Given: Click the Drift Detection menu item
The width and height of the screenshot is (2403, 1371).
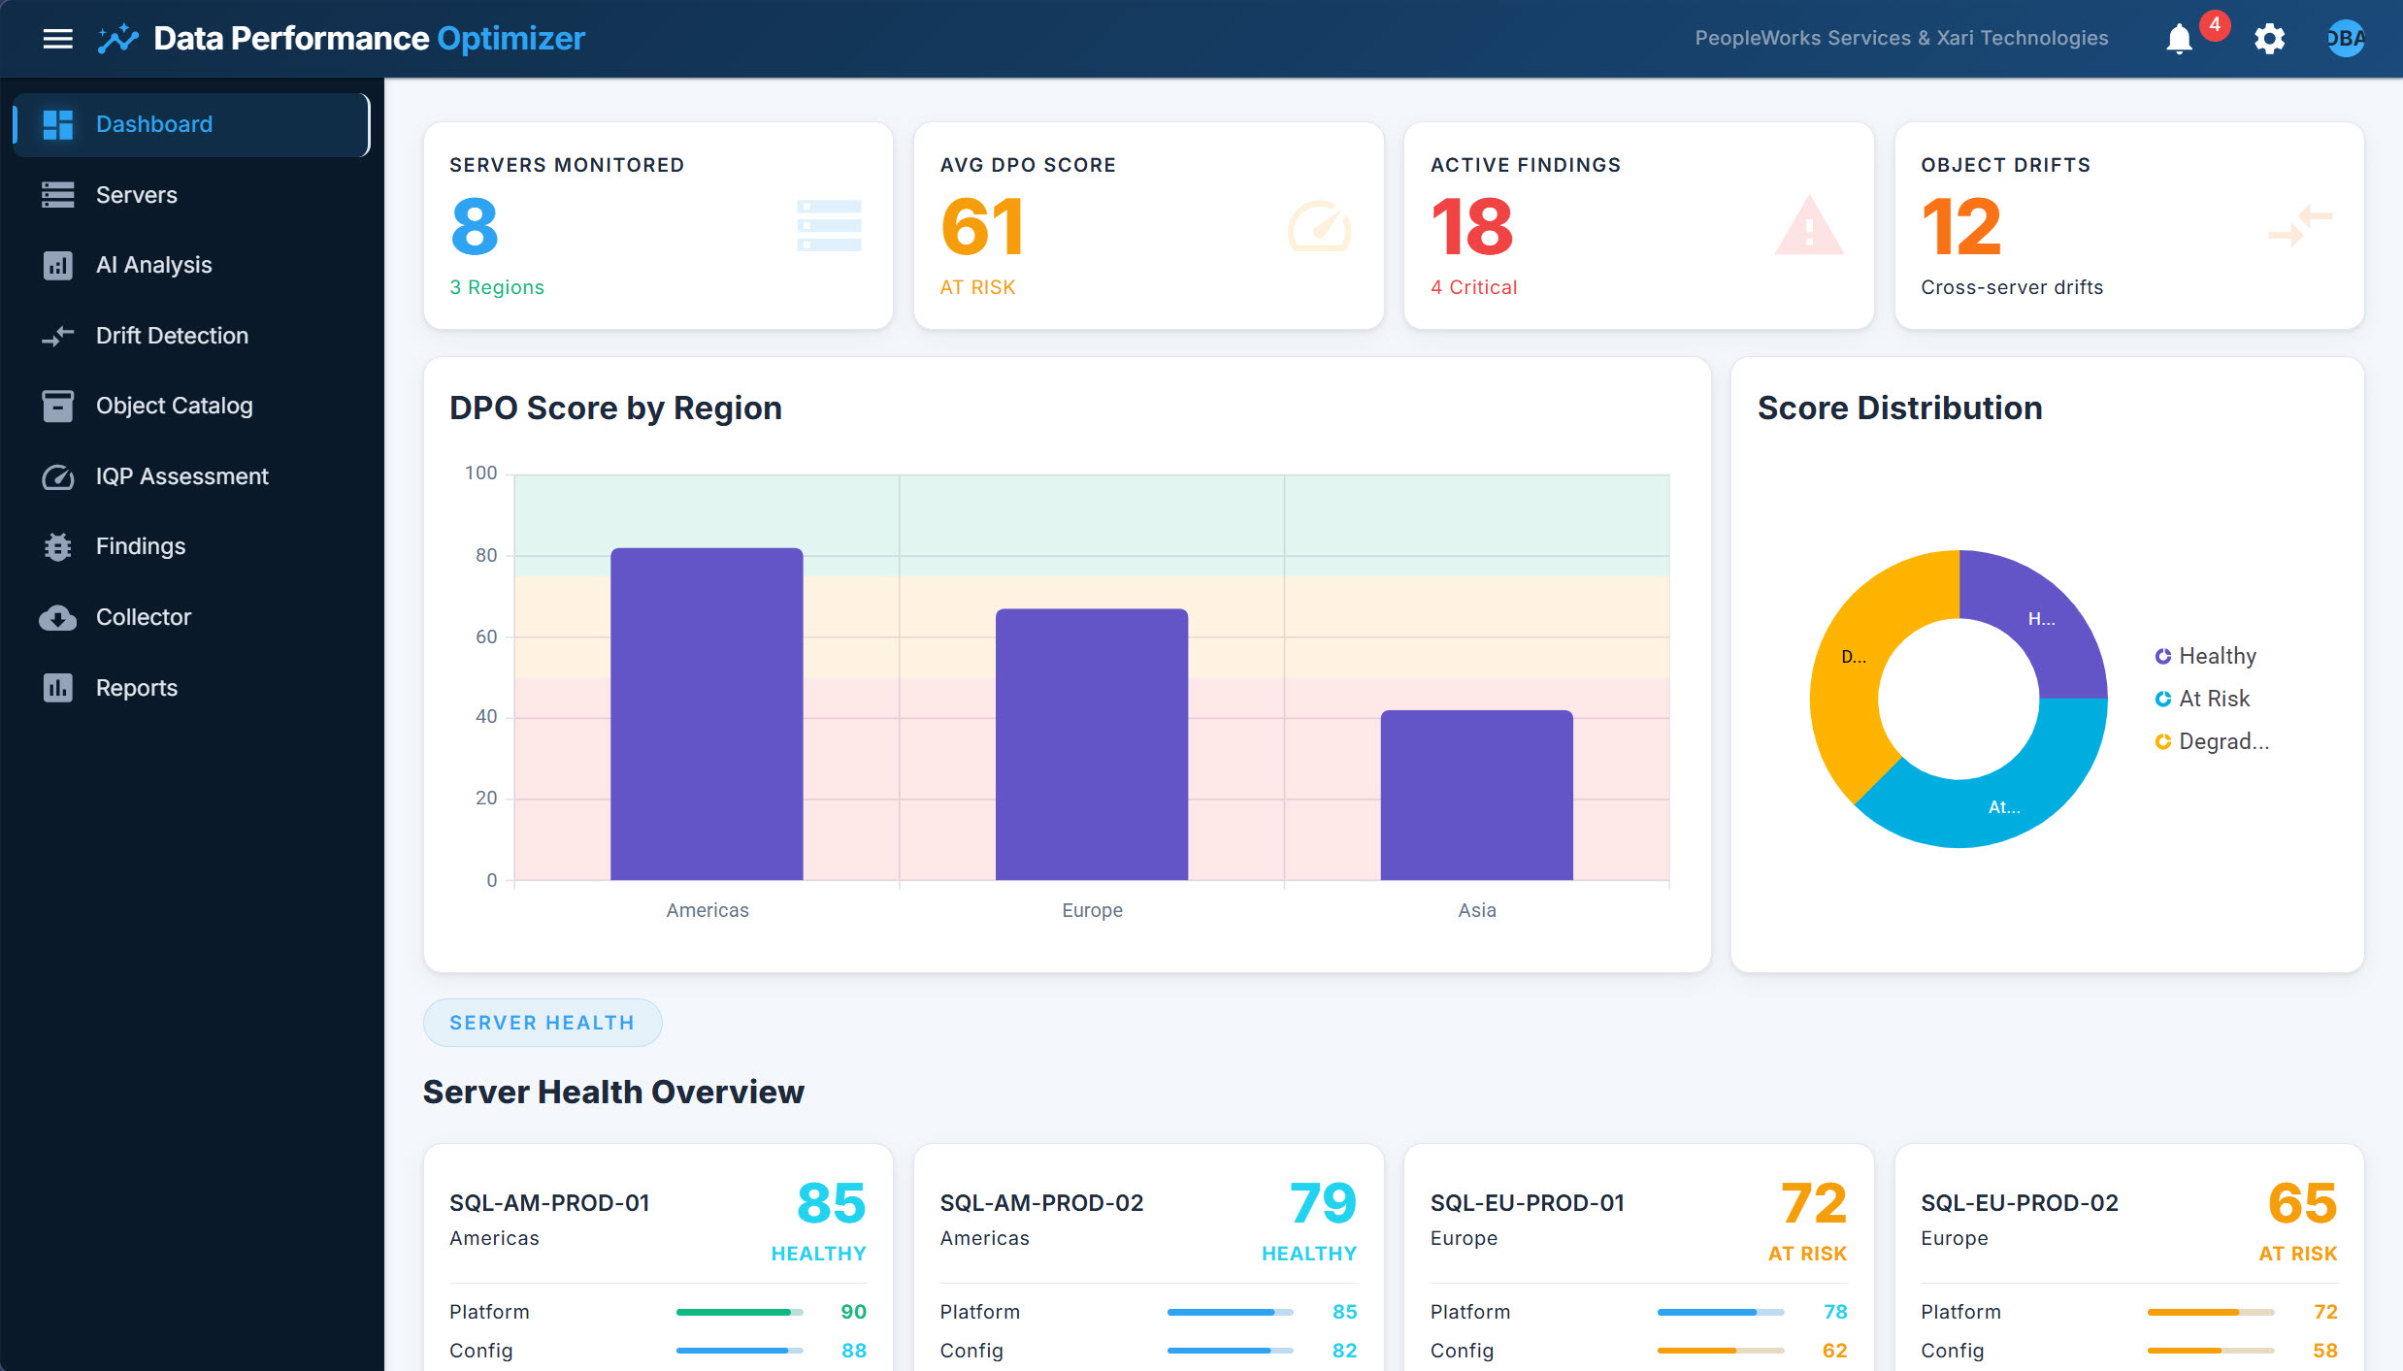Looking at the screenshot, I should click(172, 336).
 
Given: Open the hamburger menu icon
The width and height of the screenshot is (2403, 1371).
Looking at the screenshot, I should click(58, 39).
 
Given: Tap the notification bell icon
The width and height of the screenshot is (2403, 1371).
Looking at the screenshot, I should click(2179, 39).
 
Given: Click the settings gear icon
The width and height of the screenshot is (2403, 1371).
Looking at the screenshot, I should click(2269, 39).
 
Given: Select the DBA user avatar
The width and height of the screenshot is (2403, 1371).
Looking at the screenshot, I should click(2345, 39).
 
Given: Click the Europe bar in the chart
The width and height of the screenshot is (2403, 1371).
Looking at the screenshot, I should click(1092, 744).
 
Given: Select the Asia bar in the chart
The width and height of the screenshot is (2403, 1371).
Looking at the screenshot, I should click(1476, 795).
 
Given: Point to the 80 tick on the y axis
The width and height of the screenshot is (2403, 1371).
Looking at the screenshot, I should click(485, 555).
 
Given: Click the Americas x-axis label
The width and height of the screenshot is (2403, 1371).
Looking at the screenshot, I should click(707, 910).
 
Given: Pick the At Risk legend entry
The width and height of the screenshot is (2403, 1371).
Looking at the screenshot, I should click(2213, 699).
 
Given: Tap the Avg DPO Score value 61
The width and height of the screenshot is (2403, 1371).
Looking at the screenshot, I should click(981, 227).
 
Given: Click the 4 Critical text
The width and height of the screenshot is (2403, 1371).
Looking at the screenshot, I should click(1473, 287).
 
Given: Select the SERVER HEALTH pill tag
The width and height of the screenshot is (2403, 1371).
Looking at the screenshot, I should click(543, 1023).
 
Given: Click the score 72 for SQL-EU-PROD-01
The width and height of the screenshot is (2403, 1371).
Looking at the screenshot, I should click(1812, 1203).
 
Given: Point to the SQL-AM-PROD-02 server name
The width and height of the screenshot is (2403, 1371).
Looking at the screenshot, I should click(1040, 1203).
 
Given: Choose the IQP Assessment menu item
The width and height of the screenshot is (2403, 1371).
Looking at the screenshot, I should click(181, 476).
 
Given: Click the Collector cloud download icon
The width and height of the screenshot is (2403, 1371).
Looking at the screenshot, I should click(58, 618).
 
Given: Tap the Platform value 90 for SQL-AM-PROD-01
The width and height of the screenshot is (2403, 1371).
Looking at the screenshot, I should click(853, 1312).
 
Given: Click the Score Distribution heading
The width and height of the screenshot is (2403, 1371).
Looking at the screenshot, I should click(1899, 408).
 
